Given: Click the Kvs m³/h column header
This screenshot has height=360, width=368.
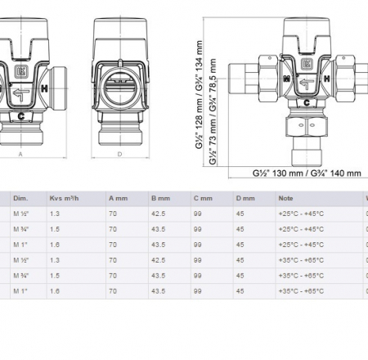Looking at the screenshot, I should (x=64, y=197).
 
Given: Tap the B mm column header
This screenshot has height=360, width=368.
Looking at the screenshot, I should (x=159, y=197).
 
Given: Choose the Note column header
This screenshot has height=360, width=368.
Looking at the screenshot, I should (x=285, y=197).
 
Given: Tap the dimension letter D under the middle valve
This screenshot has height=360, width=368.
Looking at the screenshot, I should (x=119, y=152).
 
